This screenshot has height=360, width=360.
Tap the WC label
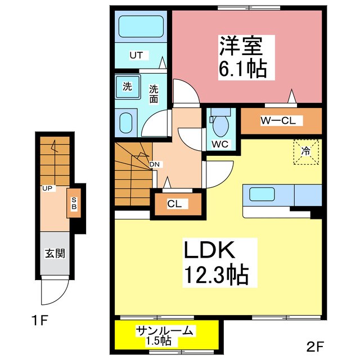[219, 144]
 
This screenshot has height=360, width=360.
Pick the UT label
[137, 55]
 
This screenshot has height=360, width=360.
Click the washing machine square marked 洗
[128, 87]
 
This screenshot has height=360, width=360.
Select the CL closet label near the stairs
[174, 204]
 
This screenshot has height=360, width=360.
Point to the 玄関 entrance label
[55, 254]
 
